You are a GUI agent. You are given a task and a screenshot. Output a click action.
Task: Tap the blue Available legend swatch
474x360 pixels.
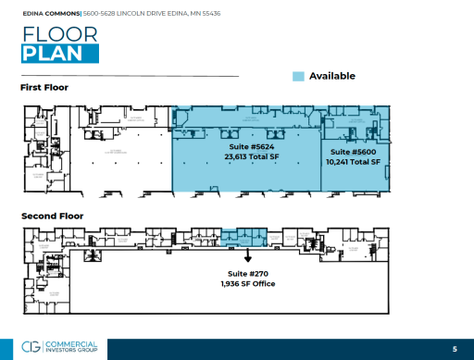pos(298,76)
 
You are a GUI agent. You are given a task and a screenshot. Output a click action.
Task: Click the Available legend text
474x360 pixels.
pos(332,76)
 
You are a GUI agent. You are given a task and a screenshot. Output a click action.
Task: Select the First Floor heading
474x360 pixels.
pos(44,88)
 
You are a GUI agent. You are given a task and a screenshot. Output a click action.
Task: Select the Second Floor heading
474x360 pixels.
pos(52,216)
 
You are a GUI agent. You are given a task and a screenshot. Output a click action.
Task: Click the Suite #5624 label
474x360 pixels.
pos(252,147)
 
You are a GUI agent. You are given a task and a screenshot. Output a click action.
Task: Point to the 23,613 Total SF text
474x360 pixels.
pos(252,157)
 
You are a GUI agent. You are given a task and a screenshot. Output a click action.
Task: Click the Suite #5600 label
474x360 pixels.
pos(354,152)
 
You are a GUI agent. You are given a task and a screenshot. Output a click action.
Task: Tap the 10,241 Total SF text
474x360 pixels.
pos(354,162)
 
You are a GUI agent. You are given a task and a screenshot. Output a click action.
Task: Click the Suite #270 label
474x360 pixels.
pos(248,274)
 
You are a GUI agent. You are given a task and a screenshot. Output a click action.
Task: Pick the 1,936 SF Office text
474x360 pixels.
pos(248,284)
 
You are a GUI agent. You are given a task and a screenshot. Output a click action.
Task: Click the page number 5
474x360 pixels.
pos(455,349)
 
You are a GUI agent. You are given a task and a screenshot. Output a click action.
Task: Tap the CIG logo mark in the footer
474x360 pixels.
pos(31,349)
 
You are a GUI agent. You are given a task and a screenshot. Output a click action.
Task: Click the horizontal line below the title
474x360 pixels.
pos(130,74)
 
